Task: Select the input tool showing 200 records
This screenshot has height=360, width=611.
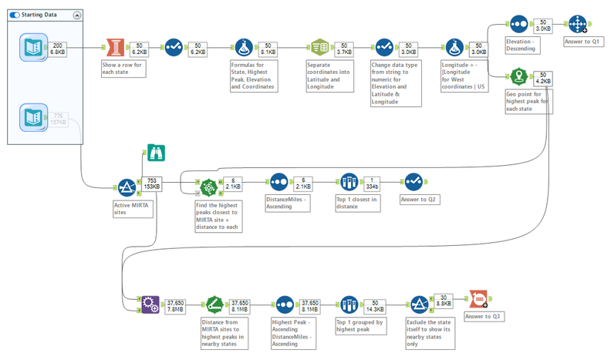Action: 34,48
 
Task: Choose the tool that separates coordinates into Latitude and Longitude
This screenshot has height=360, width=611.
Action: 320,47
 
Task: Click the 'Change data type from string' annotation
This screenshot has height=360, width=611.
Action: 395,83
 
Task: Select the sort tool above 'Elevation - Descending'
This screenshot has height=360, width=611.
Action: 518,24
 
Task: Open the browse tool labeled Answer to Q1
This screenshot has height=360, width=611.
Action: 577,24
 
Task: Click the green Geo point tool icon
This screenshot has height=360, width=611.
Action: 518,76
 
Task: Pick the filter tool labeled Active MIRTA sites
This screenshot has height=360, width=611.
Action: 127,187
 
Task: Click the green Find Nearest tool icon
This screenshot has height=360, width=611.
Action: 208,187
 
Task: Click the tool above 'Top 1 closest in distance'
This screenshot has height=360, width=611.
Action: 349,183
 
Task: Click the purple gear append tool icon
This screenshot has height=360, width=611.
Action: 149,303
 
